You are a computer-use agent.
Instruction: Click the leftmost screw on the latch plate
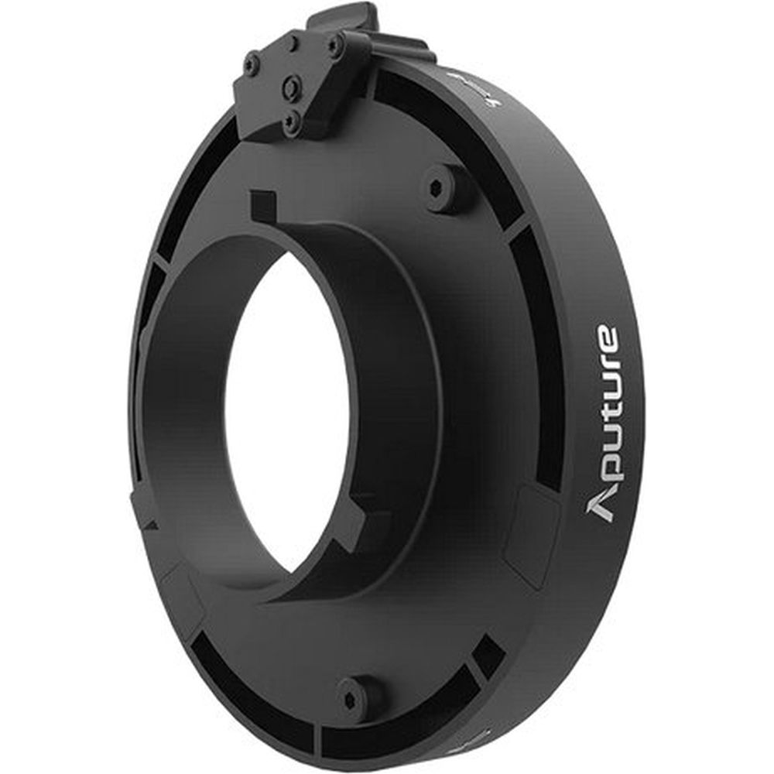point(252,64)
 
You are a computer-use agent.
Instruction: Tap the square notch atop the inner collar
point(263,207)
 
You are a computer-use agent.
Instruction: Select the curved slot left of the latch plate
point(193,178)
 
